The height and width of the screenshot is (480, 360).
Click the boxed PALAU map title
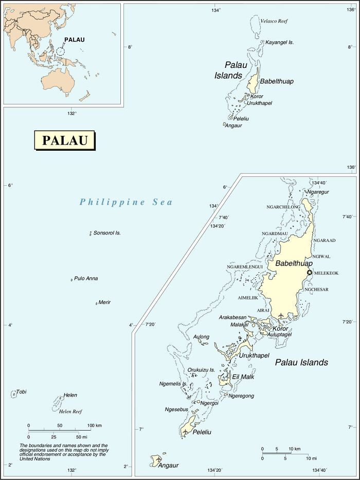coord(64,140)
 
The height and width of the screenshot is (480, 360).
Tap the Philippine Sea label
coord(126,202)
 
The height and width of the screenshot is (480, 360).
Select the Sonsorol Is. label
coord(107,233)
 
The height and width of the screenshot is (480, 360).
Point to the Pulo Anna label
coord(86,278)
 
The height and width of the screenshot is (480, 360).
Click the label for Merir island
coord(104,302)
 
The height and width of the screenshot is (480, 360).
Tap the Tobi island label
coord(21,392)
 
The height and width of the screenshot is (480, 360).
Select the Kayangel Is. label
coord(279,42)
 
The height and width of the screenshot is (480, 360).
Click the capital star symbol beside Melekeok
coord(309,273)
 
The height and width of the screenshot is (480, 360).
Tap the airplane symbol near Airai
coord(281,315)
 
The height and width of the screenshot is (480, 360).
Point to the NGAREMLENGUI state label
coord(245,266)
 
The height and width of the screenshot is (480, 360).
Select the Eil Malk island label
coord(243,377)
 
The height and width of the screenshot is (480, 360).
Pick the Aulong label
coord(201,337)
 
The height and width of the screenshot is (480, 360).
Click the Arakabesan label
coord(232,317)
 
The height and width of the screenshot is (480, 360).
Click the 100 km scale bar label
coord(94,426)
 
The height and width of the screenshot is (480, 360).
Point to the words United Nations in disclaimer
coord(35,459)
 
